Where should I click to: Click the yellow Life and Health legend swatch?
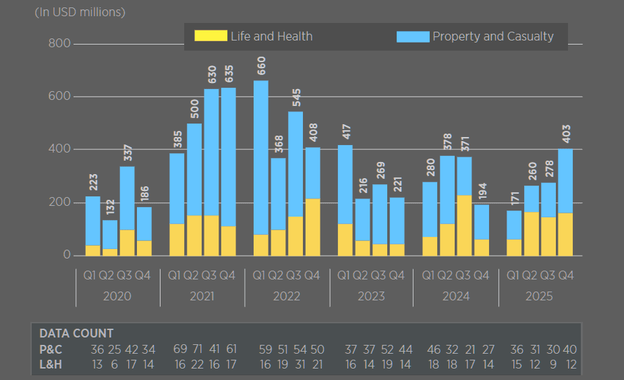click(x=210, y=36)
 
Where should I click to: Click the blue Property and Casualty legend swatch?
click(x=413, y=36)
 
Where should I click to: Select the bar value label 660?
click(x=261, y=66)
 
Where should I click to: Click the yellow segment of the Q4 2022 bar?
click(x=312, y=227)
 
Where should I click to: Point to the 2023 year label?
click(x=371, y=296)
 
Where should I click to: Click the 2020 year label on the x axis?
click(x=117, y=296)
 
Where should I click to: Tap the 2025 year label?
click(x=539, y=296)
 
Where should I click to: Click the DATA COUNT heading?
click(x=76, y=333)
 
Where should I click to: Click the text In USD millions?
click(x=80, y=12)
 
